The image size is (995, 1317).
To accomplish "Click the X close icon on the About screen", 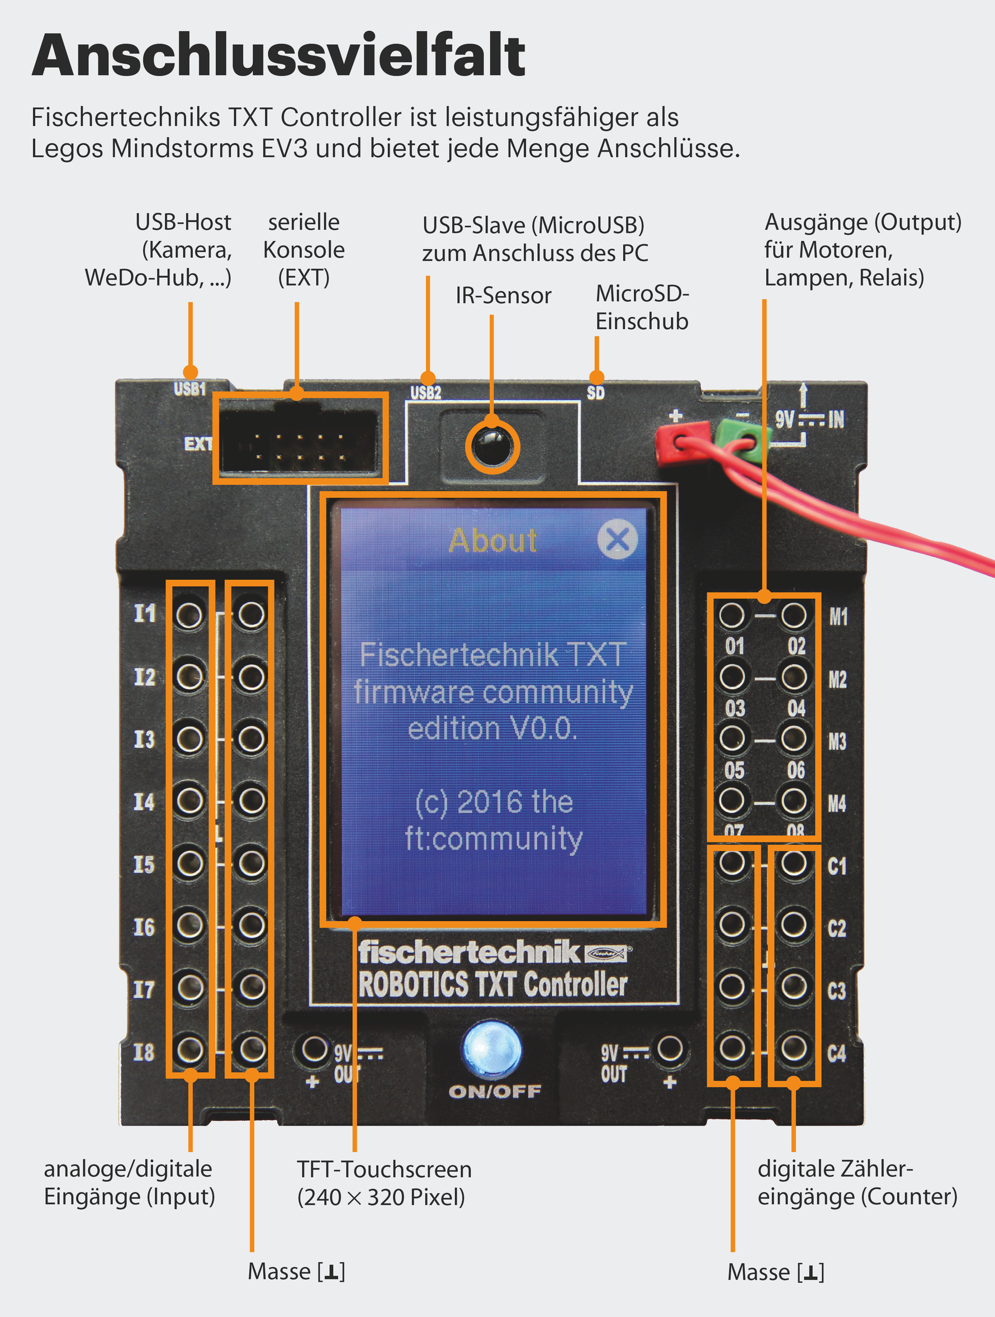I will point(618,539).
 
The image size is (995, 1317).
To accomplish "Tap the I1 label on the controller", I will point(145,613).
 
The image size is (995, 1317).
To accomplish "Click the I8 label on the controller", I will point(144,1052).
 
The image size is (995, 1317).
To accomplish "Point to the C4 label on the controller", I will point(837,1054).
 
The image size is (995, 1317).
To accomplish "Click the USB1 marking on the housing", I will point(190,390).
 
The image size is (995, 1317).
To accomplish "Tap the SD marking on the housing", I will point(595,393).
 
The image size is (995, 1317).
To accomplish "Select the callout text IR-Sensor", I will point(503,295).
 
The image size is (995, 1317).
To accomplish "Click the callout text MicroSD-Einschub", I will point(642,307).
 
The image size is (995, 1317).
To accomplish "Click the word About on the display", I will point(493,541).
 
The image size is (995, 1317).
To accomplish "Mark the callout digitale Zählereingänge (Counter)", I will point(857,1182).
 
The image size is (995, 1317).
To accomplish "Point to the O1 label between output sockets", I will point(735,646).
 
